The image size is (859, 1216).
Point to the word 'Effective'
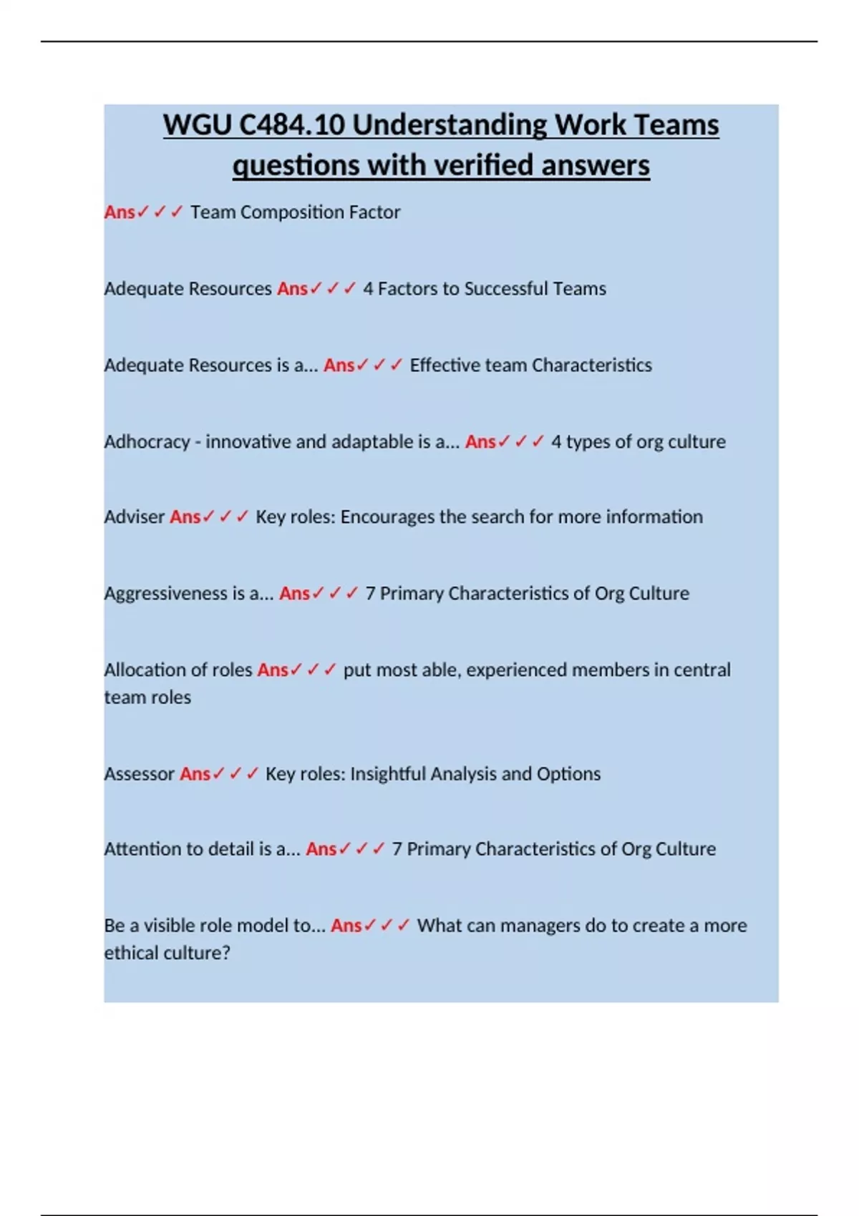pyautogui.click(x=445, y=365)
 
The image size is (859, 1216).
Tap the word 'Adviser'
pyautogui.click(x=134, y=516)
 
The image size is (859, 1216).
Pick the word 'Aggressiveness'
pyautogui.click(x=165, y=594)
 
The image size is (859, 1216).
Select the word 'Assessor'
pyautogui.click(x=139, y=774)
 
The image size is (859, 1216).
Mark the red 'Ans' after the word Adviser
pyautogui.click(x=185, y=516)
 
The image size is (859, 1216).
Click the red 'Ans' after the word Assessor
pyautogui.click(x=195, y=774)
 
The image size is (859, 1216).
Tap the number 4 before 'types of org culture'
pyautogui.click(x=556, y=442)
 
